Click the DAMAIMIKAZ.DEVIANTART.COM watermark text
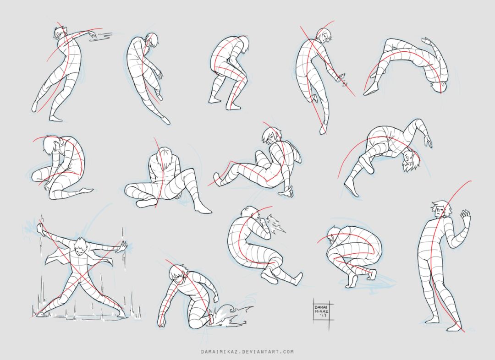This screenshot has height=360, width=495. click(x=247, y=351)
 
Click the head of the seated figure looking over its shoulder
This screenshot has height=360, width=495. click(x=271, y=135)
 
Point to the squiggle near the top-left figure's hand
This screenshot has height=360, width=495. click(x=100, y=36)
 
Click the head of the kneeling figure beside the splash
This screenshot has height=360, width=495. click(x=178, y=274)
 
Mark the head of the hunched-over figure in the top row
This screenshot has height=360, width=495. click(x=243, y=44)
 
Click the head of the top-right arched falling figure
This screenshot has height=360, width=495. click(x=439, y=86)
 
